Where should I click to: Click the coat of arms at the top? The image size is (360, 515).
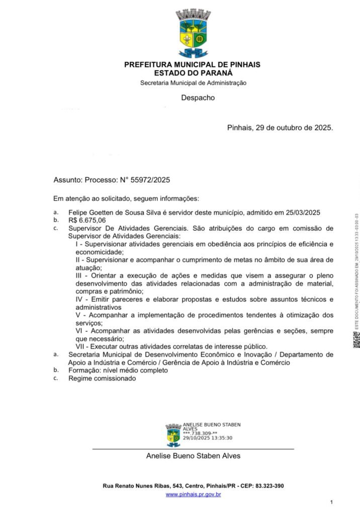(193, 34)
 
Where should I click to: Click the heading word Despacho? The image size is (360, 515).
(198, 98)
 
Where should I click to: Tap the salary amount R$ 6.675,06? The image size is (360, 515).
(87, 220)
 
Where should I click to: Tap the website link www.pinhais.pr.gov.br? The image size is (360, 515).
(194, 495)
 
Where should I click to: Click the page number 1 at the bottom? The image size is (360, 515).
(332, 502)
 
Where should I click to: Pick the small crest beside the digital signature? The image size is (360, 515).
(173, 435)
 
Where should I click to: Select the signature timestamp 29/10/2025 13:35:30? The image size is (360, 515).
(208, 438)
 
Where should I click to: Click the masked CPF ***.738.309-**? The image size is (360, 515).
(200, 433)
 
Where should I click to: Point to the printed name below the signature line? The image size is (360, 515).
(193, 456)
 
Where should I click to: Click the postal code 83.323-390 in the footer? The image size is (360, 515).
(268, 486)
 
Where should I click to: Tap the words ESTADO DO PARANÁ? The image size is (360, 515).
(193, 72)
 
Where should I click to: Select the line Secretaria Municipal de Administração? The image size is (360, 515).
(193, 82)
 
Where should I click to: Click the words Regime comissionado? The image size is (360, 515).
(102, 378)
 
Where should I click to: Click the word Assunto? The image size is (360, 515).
(67, 179)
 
